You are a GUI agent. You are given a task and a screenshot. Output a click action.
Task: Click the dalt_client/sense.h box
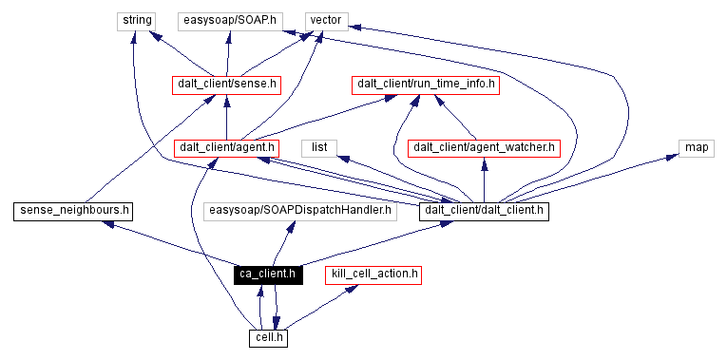pos(226,84)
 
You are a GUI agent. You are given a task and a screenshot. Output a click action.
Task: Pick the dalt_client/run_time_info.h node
pos(426,84)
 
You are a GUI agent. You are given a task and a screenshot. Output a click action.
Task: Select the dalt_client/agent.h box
pos(227,147)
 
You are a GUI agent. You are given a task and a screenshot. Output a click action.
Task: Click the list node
pos(319,147)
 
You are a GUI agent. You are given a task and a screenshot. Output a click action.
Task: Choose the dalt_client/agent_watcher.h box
pos(484,147)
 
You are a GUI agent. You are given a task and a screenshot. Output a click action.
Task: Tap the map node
pos(696,147)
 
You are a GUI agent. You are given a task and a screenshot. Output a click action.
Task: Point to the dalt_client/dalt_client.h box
pos(484,211)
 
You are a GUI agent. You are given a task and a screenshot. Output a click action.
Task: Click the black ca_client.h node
pos(267,275)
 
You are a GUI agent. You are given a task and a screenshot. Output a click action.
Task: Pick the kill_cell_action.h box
pos(373,275)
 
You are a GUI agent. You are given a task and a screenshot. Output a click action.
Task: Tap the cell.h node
pos(268,337)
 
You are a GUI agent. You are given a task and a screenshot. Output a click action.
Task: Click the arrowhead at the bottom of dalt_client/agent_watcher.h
pos(484,164)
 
